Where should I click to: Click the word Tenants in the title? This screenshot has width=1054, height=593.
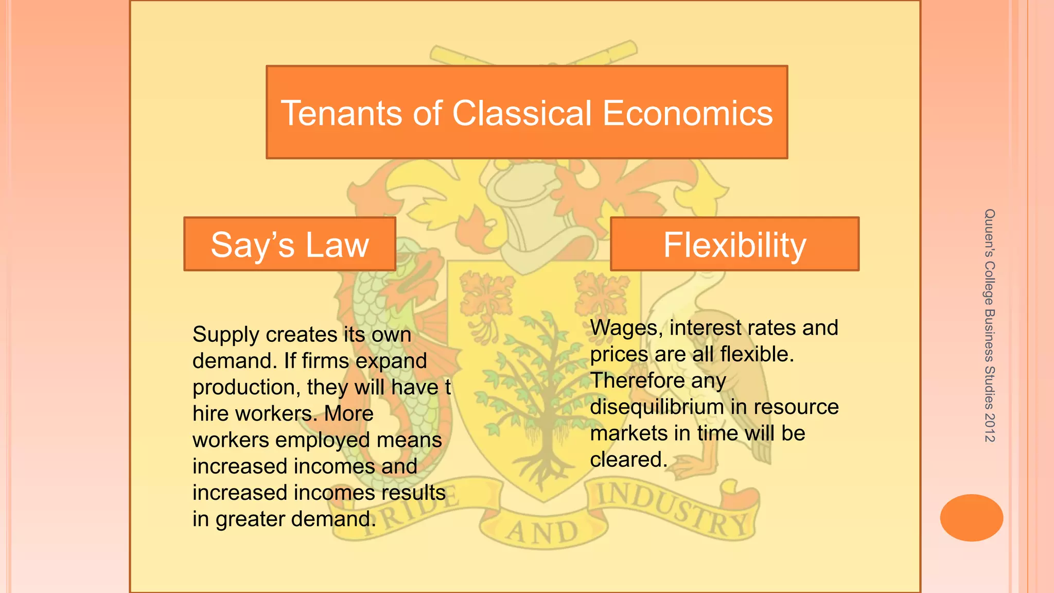click(x=341, y=113)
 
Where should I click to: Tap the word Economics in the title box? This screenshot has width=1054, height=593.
click(x=688, y=113)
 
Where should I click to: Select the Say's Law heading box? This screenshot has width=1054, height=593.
click(x=290, y=245)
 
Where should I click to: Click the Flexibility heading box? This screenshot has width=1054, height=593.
click(x=734, y=245)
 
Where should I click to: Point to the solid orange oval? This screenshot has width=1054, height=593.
click(x=971, y=517)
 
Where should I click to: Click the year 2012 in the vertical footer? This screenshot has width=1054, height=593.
click(x=989, y=427)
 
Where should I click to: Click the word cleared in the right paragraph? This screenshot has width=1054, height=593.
click(x=625, y=460)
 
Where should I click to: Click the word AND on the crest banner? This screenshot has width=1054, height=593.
click(x=543, y=531)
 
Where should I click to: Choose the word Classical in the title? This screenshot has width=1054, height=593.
click(x=522, y=113)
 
